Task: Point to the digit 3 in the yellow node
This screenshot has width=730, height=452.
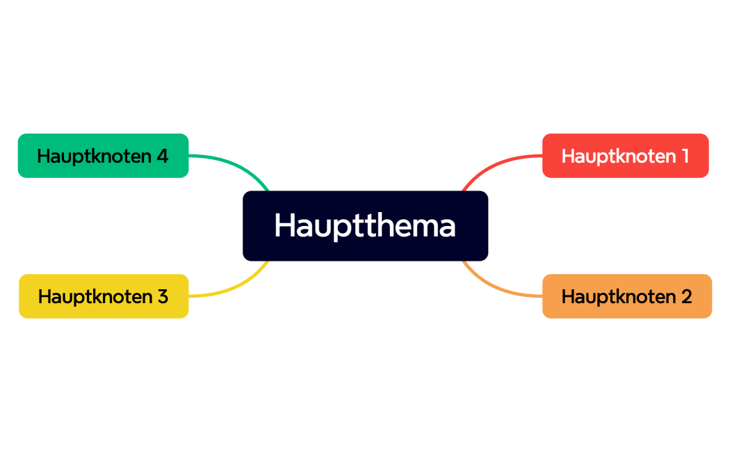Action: click(x=162, y=296)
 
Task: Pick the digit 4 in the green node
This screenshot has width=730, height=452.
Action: click(x=162, y=156)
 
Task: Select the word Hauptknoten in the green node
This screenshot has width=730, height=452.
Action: click(x=93, y=156)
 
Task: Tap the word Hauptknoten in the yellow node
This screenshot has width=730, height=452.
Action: click(x=94, y=296)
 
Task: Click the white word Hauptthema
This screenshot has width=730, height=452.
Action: click(x=365, y=225)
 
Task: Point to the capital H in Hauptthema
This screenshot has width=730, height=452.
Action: click(x=284, y=225)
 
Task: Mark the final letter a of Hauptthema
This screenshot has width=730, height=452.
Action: click(x=447, y=227)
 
